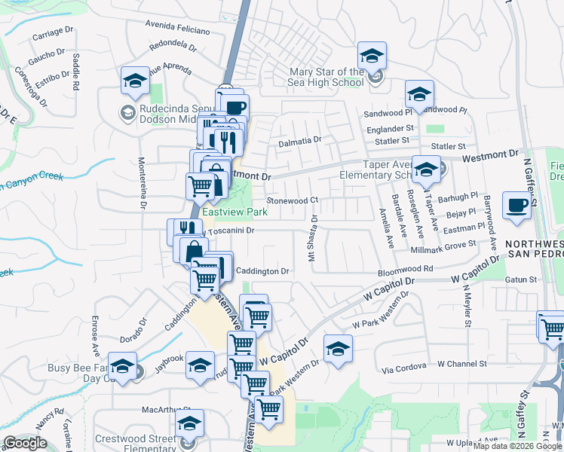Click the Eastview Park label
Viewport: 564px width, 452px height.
click(x=234, y=212)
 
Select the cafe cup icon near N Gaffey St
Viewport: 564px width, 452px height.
click(x=517, y=205)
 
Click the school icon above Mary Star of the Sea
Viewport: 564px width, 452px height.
click(x=372, y=56)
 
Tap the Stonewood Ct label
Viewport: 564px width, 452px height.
click(x=293, y=201)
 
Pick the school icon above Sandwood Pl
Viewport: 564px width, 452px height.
click(x=418, y=95)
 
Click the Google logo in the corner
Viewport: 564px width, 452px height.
click(x=25, y=443)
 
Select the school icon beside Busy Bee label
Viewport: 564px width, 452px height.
click(x=122, y=368)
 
